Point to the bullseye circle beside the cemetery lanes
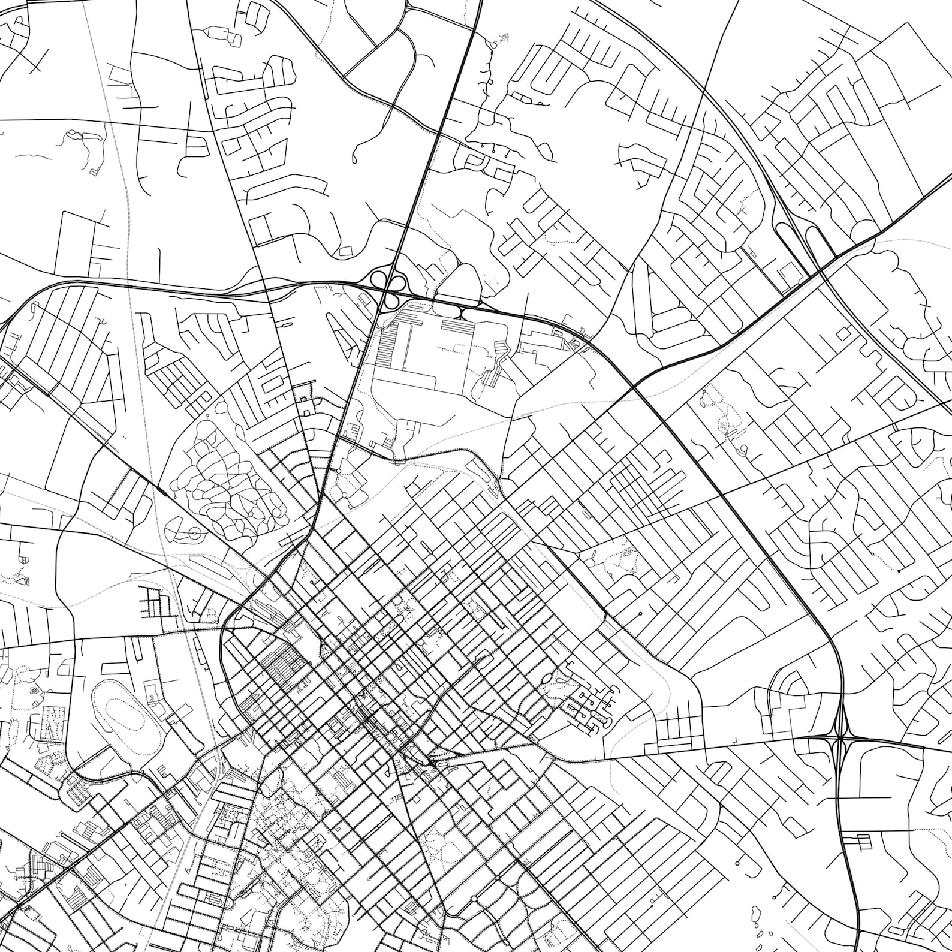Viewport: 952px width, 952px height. pos(194,532)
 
